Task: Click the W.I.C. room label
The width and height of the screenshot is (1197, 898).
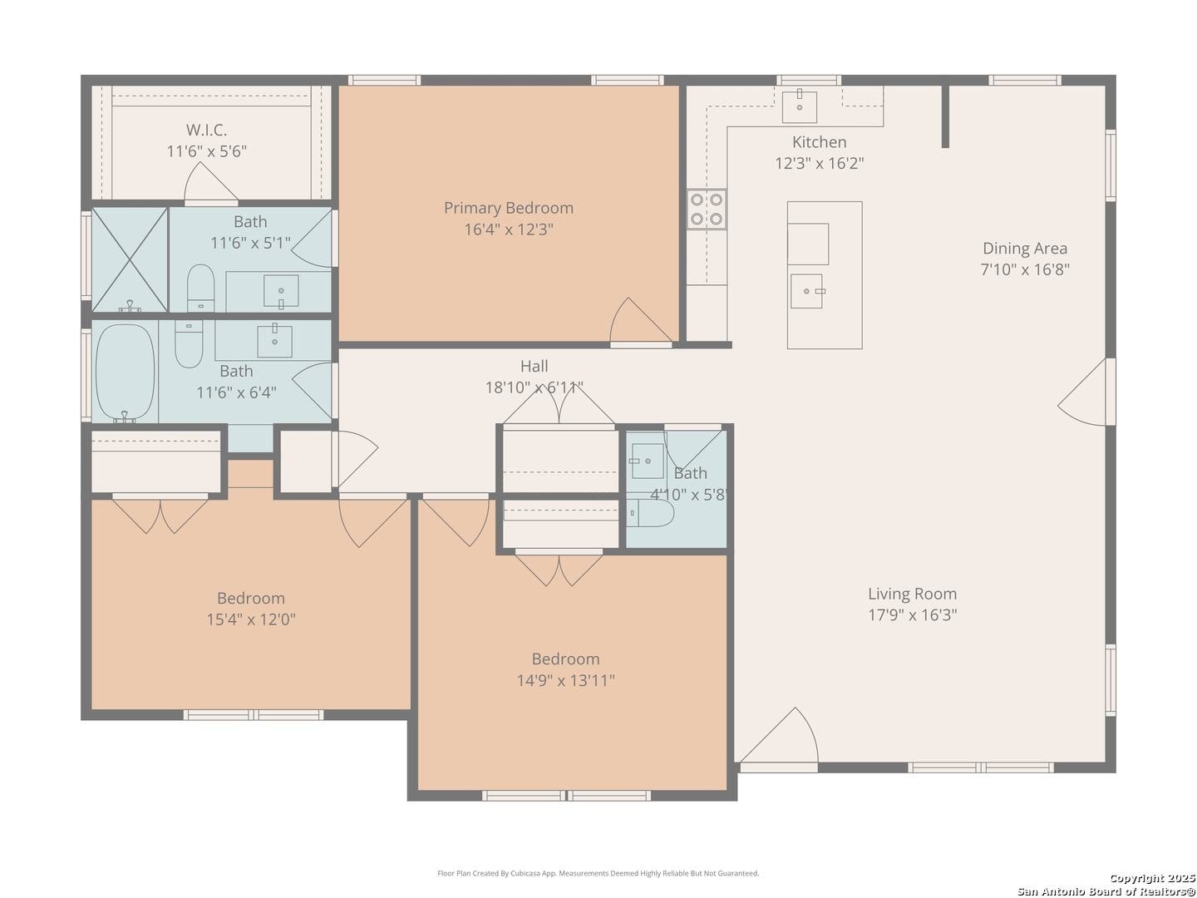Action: (x=206, y=131)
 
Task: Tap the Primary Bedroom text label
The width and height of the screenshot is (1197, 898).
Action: (x=508, y=208)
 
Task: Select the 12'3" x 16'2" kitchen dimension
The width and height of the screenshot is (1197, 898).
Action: (x=819, y=164)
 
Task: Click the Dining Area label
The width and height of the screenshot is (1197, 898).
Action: (x=1024, y=249)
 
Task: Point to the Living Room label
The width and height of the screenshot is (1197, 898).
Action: (x=912, y=594)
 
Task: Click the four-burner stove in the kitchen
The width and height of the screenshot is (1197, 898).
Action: (x=707, y=210)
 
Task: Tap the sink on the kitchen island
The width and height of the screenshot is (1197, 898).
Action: (x=806, y=291)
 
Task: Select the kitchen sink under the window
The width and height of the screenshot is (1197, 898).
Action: (x=800, y=106)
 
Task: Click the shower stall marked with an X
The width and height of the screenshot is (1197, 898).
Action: (x=129, y=259)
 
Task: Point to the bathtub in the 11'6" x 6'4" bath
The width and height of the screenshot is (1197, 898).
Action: (x=125, y=373)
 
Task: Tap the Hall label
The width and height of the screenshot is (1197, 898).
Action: (x=534, y=366)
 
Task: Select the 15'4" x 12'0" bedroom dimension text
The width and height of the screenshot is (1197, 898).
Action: (x=250, y=619)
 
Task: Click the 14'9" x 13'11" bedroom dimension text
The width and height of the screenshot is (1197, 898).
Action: (x=565, y=680)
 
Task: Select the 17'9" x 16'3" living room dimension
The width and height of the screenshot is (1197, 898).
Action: (x=912, y=615)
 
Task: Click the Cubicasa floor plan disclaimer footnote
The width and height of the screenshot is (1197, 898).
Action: (x=598, y=873)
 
